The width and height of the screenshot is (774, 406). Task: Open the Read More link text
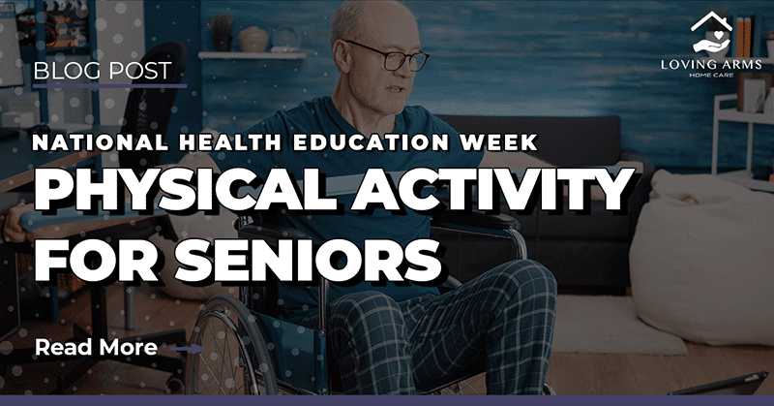(x=96, y=347)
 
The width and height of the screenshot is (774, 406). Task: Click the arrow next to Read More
(x=188, y=348)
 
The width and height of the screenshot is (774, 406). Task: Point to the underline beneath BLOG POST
(x=109, y=86)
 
